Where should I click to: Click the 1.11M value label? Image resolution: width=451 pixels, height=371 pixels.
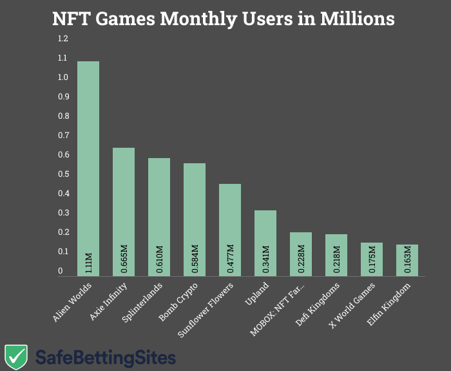pyautogui.click(x=89, y=261)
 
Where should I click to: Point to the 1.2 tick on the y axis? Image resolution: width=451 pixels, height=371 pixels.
pyautogui.click(x=62, y=39)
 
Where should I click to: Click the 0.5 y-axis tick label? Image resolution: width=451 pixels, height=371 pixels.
pyautogui.click(x=62, y=174)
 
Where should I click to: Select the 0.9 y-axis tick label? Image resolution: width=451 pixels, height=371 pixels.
pyautogui.click(x=62, y=97)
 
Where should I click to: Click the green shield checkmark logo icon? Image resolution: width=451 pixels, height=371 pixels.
pyautogui.click(x=15, y=356)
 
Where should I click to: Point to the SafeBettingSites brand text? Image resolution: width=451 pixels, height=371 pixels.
pyautogui.click(x=105, y=356)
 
